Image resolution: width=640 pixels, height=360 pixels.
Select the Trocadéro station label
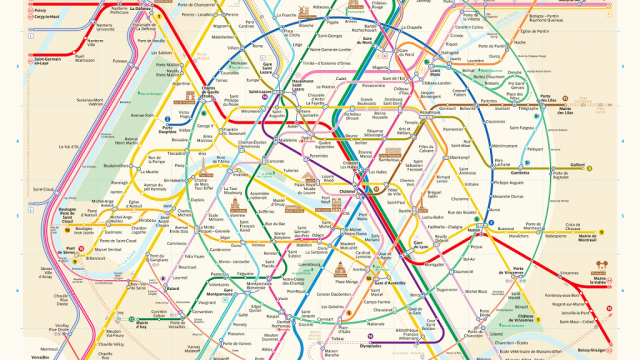[176, 153]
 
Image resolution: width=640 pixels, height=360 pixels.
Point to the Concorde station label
[275, 161]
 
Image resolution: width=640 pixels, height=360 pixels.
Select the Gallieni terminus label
[577, 165]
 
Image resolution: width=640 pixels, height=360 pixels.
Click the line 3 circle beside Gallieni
[589, 168]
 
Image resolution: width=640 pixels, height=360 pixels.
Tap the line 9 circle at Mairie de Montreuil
[601, 232]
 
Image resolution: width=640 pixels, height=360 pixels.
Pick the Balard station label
[172, 288]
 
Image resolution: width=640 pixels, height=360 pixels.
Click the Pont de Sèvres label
[70, 250]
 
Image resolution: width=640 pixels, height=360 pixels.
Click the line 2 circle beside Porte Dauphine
[167, 119]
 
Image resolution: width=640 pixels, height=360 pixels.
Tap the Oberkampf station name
[445, 157]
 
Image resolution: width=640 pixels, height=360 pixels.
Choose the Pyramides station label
[318, 156]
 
